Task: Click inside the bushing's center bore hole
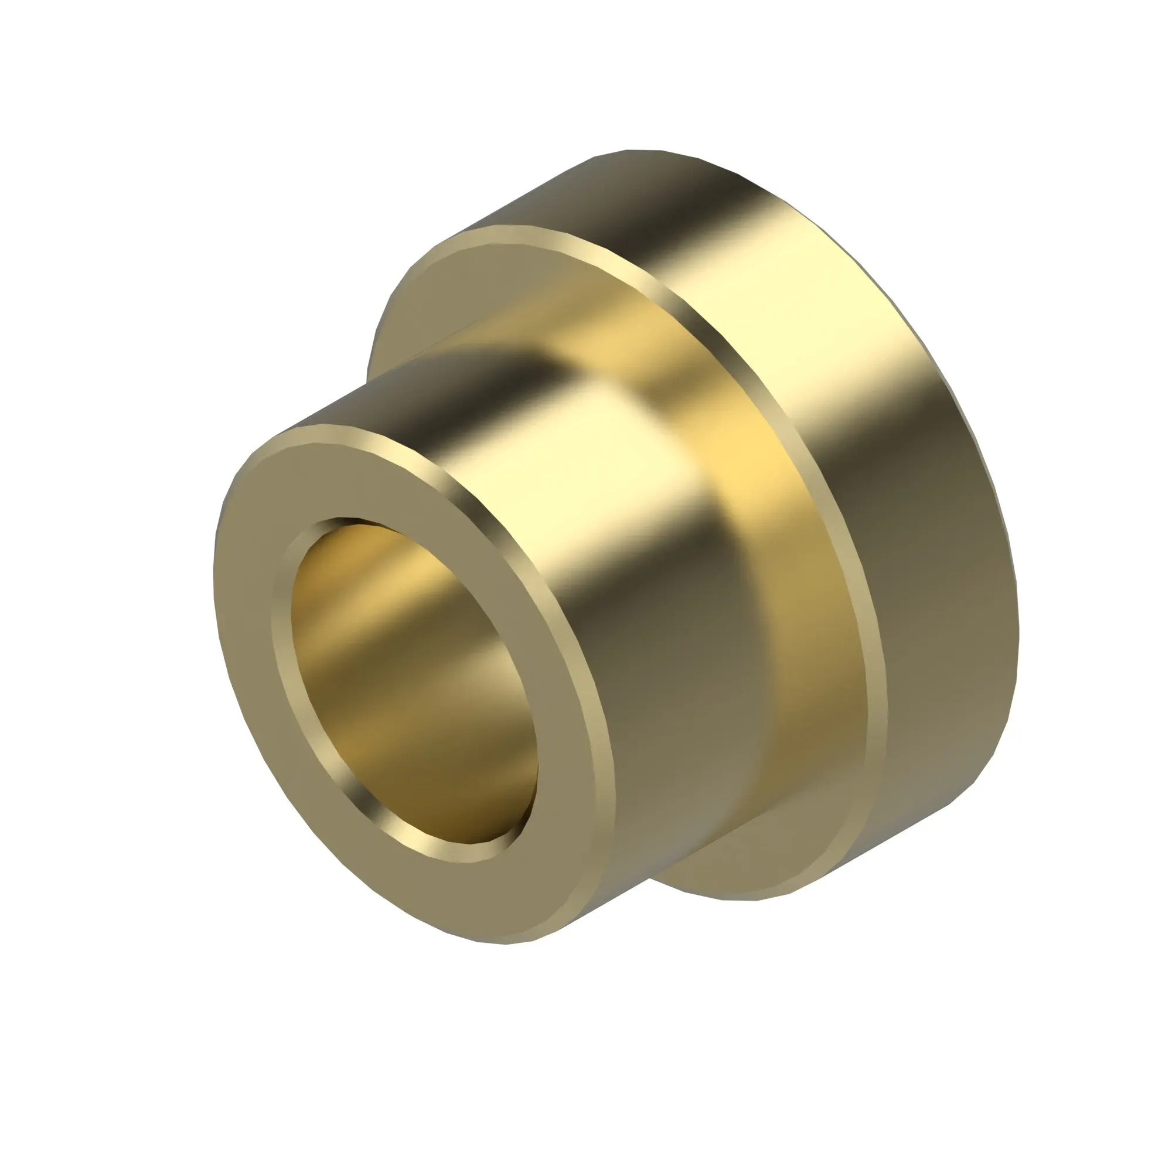[x=413, y=686]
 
